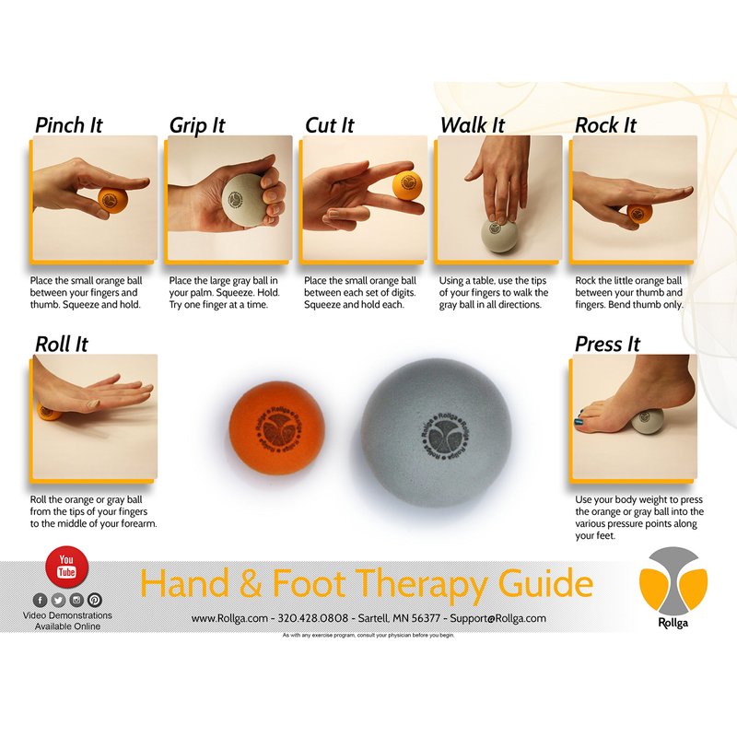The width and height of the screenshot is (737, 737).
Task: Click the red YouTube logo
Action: (x=66, y=567)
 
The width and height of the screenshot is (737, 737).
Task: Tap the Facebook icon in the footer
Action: (x=40, y=600)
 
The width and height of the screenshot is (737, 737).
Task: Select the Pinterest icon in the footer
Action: (x=95, y=600)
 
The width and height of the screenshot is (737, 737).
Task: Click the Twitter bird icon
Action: (x=58, y=600)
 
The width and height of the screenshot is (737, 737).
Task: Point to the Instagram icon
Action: (x=76, y=600)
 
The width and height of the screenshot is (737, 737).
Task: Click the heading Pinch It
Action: (x=68, y=125)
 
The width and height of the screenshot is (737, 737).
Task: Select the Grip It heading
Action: (x=197, y=126)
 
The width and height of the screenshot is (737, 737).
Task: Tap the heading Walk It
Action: (x=473, y=125)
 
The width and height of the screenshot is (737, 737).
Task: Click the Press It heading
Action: (x=607, y=344)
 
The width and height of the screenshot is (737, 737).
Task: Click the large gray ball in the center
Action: (x=436, y=433)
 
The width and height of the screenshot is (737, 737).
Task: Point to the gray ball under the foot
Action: (x=648, y=421)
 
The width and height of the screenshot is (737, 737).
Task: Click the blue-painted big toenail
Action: (x=579, y=421)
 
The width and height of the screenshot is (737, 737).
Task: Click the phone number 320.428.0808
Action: (x=313, y=618)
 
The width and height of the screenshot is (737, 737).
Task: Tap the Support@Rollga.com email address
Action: (x=497, y=618)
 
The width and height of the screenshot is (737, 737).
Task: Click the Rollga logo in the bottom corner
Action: (x=673, y=588)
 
